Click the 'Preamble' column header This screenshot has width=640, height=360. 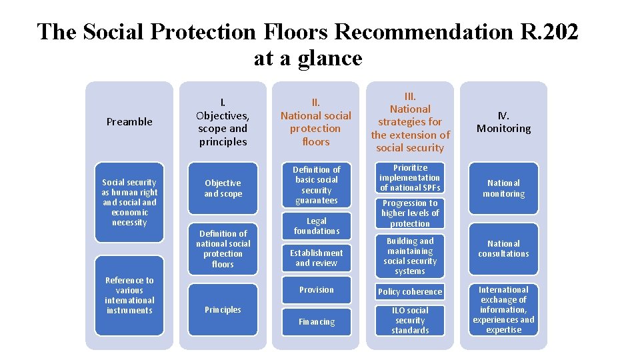coord(129,122)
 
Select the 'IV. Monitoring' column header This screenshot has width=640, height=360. coord(503,122)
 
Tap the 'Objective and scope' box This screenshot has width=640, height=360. coord(223,188)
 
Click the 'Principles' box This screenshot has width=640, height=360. coord(223,309)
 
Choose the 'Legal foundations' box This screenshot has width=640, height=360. coord(317,226)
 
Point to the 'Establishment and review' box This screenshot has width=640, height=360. coord(317,258)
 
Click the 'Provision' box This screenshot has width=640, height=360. coord(317,290)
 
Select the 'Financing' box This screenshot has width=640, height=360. coord(317,322)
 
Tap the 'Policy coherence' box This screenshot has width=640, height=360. coord(410,292)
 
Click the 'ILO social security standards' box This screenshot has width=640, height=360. coord(410,320)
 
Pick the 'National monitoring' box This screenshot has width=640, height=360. coord(503,188)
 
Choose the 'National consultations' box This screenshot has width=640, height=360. coord(503,249)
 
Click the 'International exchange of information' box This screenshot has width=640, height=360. coord(503,310)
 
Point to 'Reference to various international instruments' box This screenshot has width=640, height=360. coord(129,295)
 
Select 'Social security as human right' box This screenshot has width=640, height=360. coord(129,202)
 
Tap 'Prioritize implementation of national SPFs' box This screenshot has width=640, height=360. coord(410,178)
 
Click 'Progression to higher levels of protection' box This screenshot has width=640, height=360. coord(410,213)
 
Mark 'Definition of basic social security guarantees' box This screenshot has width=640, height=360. coord(317,185)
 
